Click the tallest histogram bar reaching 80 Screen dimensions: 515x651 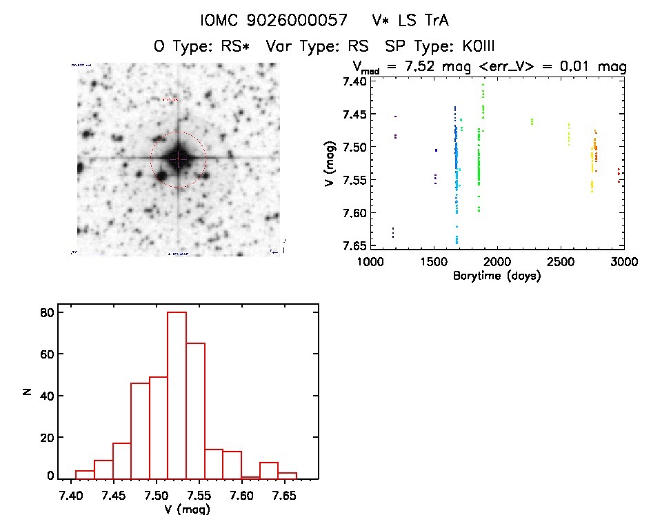pos(177,395)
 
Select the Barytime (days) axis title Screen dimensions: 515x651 pos(497,276)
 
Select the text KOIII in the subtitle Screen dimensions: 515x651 pos(469,46)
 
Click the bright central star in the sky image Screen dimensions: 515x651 pos(178,159)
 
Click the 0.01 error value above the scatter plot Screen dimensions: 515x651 pos(585,68)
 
